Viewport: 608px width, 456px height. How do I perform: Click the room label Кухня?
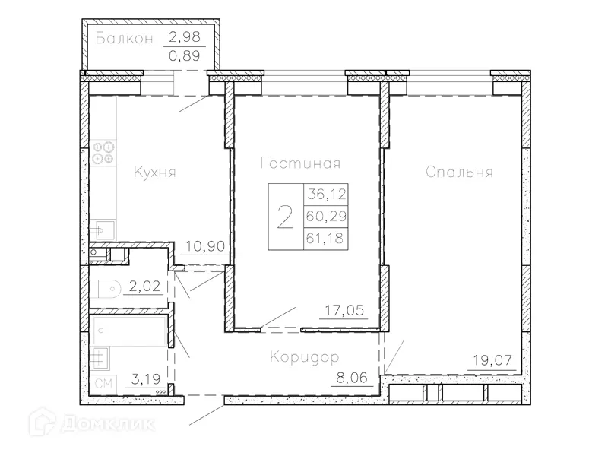coord(154,173)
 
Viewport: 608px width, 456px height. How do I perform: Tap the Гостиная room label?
coord(299,163)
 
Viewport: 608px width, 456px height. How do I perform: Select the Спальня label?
coord(459,173)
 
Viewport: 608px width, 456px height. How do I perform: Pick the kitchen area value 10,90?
coord(204,246)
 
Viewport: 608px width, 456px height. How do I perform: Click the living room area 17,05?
coord(340,310)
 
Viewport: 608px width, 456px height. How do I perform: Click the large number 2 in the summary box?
coord(285,217)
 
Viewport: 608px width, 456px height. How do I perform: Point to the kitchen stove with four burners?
coord(103,153)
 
